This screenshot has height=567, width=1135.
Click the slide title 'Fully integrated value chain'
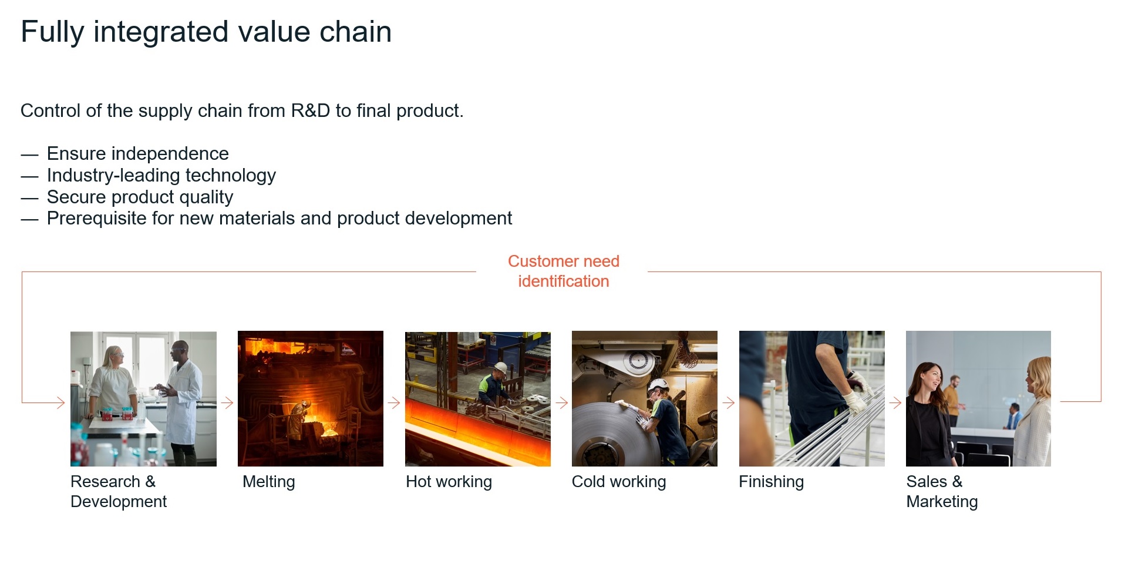(x=206, y=32)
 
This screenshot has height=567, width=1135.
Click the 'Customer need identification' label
(x=564, y=271)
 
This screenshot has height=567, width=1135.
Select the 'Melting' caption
(x=269, y=482)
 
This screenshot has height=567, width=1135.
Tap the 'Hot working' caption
(x=449, y=482)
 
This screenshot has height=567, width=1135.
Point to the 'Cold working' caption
(x=619, y=482)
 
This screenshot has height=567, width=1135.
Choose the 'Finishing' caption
(x=771, y=482)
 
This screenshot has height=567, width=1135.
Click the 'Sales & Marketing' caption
(x=942, y=491)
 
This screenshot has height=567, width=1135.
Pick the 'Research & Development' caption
(x=119, y=491)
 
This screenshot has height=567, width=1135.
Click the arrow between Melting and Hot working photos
(x=394, y=402)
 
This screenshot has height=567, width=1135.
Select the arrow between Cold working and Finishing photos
(x=728, y=402)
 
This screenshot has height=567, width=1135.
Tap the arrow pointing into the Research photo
(x=43, y=402)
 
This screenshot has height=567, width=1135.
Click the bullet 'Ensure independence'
(x=137, y=154)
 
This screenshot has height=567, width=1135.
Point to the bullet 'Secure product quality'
(x=140, y=197)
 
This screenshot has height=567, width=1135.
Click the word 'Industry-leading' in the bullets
(x=113, y=175)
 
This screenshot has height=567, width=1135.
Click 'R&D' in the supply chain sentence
(x=311, y=110)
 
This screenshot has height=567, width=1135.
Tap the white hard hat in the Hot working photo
(x=500, y=368)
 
